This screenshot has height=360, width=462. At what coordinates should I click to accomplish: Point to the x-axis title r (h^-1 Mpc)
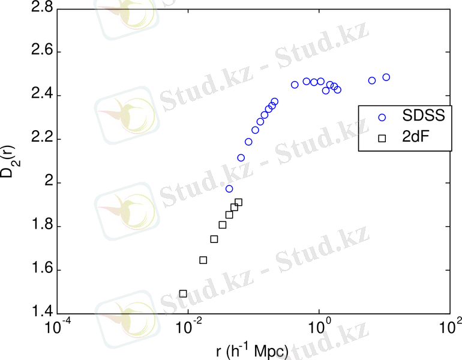253,350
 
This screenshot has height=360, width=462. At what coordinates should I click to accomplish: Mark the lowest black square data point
183,294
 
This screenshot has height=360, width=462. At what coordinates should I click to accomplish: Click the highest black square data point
238,202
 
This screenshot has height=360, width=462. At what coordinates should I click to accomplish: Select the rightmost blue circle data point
386,77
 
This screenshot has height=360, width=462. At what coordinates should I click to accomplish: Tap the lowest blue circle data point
229,189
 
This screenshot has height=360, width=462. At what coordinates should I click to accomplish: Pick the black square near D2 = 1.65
203,260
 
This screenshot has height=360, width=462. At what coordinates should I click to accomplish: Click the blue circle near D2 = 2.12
241,158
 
